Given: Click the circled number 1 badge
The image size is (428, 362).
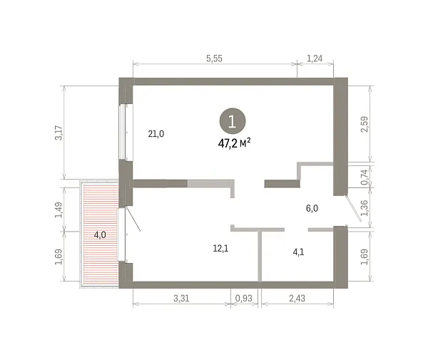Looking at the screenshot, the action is click(233, 121).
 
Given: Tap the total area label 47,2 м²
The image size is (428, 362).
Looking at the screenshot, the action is click(234, 143).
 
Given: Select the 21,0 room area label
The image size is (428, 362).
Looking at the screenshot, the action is click(156, 134).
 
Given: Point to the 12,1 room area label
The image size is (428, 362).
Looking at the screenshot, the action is click(220, 248).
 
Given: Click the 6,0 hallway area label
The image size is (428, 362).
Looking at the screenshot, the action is click(312, 208).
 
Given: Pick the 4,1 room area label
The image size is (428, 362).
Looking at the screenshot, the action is click(298, 252).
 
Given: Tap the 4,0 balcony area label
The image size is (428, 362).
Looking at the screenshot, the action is click(100, 234).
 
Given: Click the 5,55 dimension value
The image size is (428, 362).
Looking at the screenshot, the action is click(214, 58).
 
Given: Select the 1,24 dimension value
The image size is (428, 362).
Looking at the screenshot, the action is click(315, 58).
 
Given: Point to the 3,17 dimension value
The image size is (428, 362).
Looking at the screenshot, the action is click(59, 133).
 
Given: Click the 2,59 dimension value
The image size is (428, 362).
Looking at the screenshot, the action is click(365, 124).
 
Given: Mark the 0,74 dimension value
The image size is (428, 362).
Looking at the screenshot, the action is click(365, 177).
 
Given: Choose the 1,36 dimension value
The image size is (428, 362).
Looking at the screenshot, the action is click(365, 208).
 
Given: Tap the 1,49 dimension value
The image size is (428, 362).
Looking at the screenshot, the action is click(59, 210).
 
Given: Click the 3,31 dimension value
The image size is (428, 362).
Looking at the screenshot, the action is click(181, 298).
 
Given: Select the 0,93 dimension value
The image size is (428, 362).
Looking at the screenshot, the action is click(244, 298).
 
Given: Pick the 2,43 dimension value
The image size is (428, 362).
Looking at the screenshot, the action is click(297, 298).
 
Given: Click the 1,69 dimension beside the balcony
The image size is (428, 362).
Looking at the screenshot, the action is click(59, 257).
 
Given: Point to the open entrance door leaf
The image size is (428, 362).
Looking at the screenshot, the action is click(354, 208).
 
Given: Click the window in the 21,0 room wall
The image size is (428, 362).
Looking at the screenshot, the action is click(122, 132).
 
